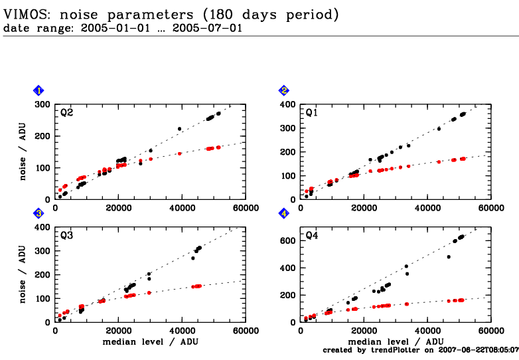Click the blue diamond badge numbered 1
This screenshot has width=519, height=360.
tap(39, 90)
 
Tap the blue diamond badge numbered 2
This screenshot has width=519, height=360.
tap(284, 90)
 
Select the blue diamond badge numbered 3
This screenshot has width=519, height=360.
tap(39, 213)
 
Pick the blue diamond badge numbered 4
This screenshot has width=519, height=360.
tap(284, 213)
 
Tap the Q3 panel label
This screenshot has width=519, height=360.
tap(66, 235)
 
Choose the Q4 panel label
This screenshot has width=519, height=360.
tap(312, 235)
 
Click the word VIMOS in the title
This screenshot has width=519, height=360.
tap(23, 13)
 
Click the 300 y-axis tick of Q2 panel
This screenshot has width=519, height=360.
tap(44, 104)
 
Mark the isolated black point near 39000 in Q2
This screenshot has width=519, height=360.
tap(179, 129)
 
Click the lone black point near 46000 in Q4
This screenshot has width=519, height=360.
tap(449, 257)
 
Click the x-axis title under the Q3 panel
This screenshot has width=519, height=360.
tap(150, 341)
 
